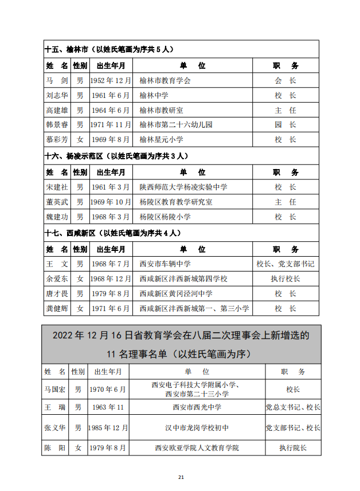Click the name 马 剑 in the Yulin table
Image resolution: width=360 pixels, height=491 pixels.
click(57, 81)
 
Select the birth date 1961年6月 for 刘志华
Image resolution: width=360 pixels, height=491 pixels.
click(111, 96)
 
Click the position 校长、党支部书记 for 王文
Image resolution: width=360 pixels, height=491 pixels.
click(285, 264)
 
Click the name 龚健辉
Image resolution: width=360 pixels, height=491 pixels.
click(57, 308)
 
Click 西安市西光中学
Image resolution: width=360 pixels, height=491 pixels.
click(197, 408)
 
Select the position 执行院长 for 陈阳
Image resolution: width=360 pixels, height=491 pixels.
click(292, 448)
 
